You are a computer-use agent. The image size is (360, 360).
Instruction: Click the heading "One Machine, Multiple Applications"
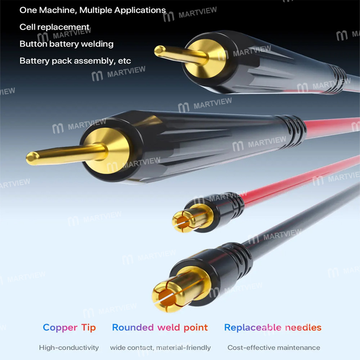tap(93, 10)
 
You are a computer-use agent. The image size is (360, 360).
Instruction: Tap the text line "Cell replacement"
tap(54, 27)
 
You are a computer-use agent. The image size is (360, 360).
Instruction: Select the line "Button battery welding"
tap(66, 44)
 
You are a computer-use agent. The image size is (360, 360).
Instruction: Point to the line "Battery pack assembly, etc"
tap(75, 61)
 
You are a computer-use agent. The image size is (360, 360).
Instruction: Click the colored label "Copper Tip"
tap(69, 328)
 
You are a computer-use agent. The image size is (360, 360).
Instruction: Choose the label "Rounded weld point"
tap(160, 328)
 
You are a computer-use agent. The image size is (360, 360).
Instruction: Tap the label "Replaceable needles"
tap(273, 328)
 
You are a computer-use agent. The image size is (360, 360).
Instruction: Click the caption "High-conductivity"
tap(69, 348)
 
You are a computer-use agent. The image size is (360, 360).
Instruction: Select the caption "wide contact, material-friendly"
tap(160, 348)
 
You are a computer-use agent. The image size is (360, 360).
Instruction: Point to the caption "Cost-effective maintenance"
tap(274, 348)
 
